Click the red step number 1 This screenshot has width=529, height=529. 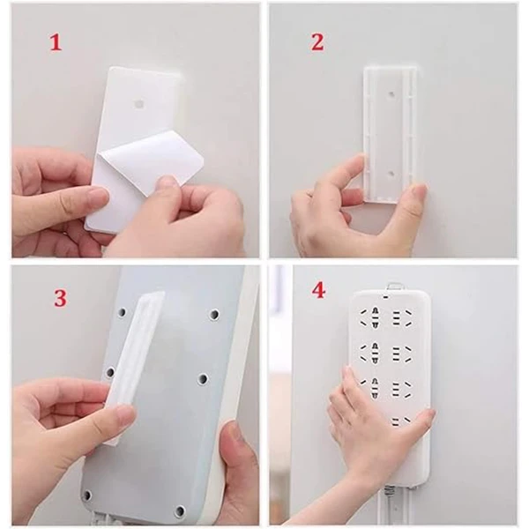56,43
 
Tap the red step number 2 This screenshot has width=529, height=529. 317,43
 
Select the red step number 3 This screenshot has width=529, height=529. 60,298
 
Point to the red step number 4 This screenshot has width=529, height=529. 319,290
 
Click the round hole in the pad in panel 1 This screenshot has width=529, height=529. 138,104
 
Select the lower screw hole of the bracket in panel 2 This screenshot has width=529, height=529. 391,174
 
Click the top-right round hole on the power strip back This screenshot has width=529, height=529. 214,315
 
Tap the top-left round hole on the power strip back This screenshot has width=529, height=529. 122,313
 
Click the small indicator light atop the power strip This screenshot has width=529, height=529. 385,298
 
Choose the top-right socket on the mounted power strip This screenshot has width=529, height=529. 400,318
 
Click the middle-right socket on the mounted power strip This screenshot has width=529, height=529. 401,352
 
